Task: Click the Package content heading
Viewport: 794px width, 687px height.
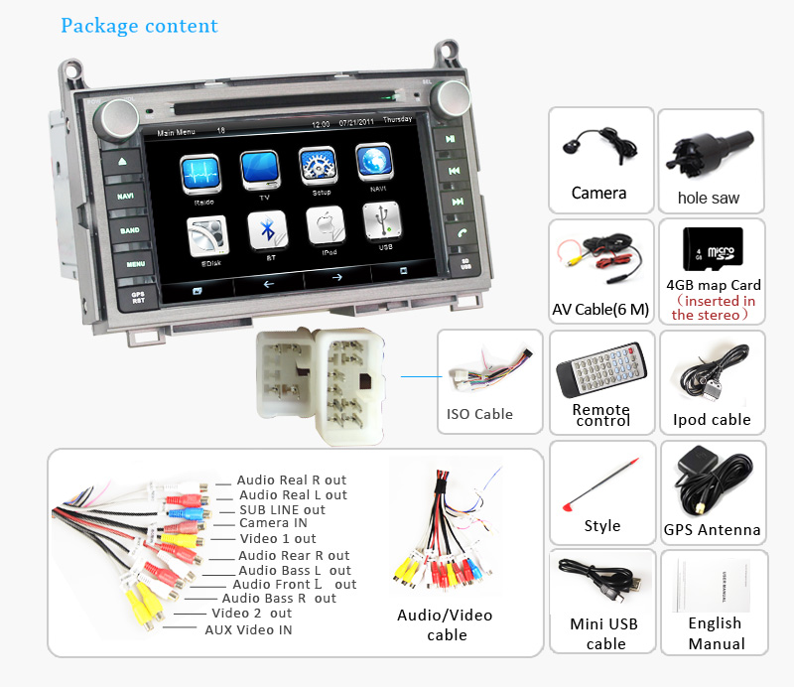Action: pos(139,25)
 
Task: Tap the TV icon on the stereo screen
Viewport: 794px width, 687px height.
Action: pos(261,170)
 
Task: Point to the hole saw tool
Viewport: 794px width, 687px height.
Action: pos(710,153)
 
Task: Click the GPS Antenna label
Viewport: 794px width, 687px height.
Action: pos(712,530)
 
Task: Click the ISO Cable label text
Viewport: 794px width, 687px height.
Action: pos(479,413)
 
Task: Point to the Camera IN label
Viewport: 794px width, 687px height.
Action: pos(273,523)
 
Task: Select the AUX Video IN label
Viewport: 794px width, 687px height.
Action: pos(248,629)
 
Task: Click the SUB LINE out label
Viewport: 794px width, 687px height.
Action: pos(282,509)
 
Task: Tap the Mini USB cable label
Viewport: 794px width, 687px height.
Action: pos(603,633)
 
